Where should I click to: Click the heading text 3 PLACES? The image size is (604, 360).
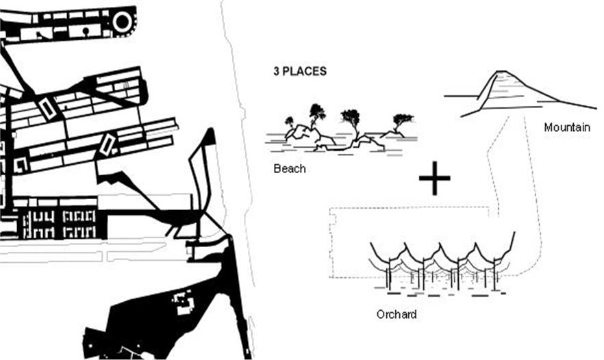[x=300, y=71]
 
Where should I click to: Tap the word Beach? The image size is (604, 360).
[x=289, y=168]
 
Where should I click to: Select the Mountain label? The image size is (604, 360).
[x=567, y=127]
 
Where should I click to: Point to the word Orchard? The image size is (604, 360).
[x=397, y=314]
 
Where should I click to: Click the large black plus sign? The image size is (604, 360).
[x=434, y=178]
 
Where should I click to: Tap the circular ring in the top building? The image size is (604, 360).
[x=123, y=22]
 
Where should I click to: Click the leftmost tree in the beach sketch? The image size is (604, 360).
[x=289, y=123]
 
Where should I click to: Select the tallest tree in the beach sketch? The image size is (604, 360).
[x=317, y=112]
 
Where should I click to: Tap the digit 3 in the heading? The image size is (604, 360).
[x=276, y=71]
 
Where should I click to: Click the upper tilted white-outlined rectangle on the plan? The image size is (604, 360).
[x=48, y=109]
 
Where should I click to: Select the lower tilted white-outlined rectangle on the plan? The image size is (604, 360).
[x=108, y=144]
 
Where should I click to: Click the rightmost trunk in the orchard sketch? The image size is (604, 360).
[x=494, y=274]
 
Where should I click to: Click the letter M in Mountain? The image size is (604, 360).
[x=548, y=127]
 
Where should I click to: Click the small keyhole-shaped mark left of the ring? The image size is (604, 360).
[x=86, y=31]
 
